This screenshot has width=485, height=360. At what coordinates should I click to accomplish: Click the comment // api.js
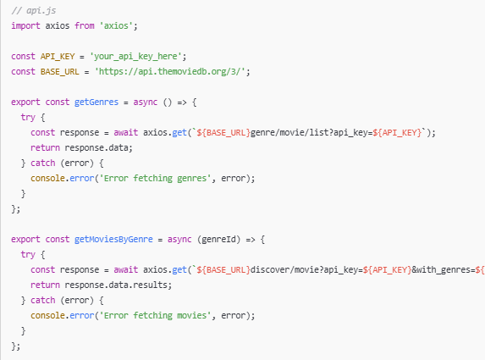[34, 11]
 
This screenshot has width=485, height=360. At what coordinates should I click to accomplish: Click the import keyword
[25, 25]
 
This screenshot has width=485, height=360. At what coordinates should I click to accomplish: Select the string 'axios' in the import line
[116, 25]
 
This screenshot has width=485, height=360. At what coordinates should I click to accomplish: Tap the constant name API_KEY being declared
[58, 57]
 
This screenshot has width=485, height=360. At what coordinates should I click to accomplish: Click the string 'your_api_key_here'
[135, 57]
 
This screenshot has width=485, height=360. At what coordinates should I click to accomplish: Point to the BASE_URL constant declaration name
[60, 72]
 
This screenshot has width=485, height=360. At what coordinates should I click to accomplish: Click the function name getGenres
[96, 102]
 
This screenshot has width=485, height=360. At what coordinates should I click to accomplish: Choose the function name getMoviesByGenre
[113, 240]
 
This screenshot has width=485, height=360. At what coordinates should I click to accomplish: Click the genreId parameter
[218, 239]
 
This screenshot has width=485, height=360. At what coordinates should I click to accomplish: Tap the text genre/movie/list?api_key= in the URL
[311, 133]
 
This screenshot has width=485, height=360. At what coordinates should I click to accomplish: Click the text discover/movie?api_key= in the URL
[306, 270]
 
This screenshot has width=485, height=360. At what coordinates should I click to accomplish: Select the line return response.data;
[81, 148]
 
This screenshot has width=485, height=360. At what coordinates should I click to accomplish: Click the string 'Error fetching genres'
[155, 178]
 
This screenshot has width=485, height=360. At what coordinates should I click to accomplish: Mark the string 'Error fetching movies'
[155, 315]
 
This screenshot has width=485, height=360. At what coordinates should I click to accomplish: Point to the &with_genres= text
[444, 270]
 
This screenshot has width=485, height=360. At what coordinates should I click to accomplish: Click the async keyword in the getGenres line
[146, 102]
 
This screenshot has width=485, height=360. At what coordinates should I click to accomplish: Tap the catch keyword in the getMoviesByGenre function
[42, 300]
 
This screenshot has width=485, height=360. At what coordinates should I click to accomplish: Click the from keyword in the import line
[85, 25]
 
